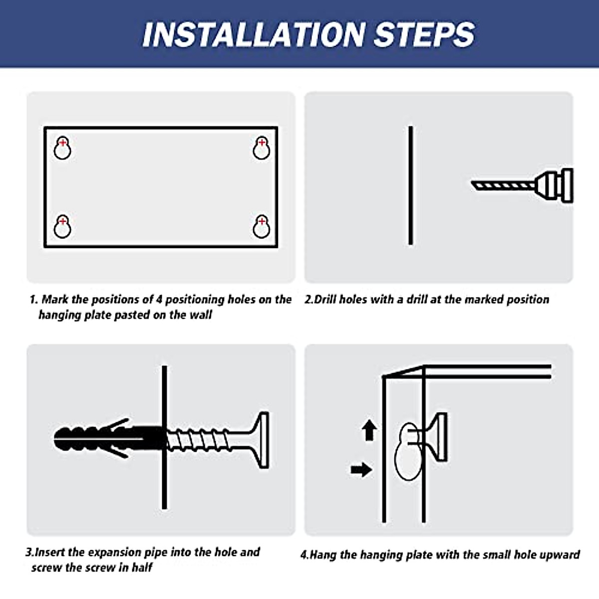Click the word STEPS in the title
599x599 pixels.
pyautogui.click(x=425, y=34)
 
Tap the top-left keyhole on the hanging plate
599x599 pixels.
pyautogui.click(x=62, y=148)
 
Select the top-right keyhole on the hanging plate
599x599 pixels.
pyautogui.click(x=262, y=148)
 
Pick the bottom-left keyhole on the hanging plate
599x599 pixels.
pyautogui.click(x=62, y=226)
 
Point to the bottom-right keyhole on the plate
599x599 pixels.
pyautogui.click(x=262, y=226)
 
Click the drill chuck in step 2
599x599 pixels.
pyautogui.click(x=554, y=186)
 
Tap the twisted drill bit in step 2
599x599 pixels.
pyautogui.click(x=504, y=186)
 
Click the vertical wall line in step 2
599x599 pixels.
pyautogui.click(x=411, y=185)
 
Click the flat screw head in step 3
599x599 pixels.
pyautogui.click(x=264, y=440)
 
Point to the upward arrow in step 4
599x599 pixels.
pyautogui.click(x=369, y=430)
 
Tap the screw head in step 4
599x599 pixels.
pyautogui.click(x=442, y=437)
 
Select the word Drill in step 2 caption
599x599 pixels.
pyautogui.click(x=325, y=299)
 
